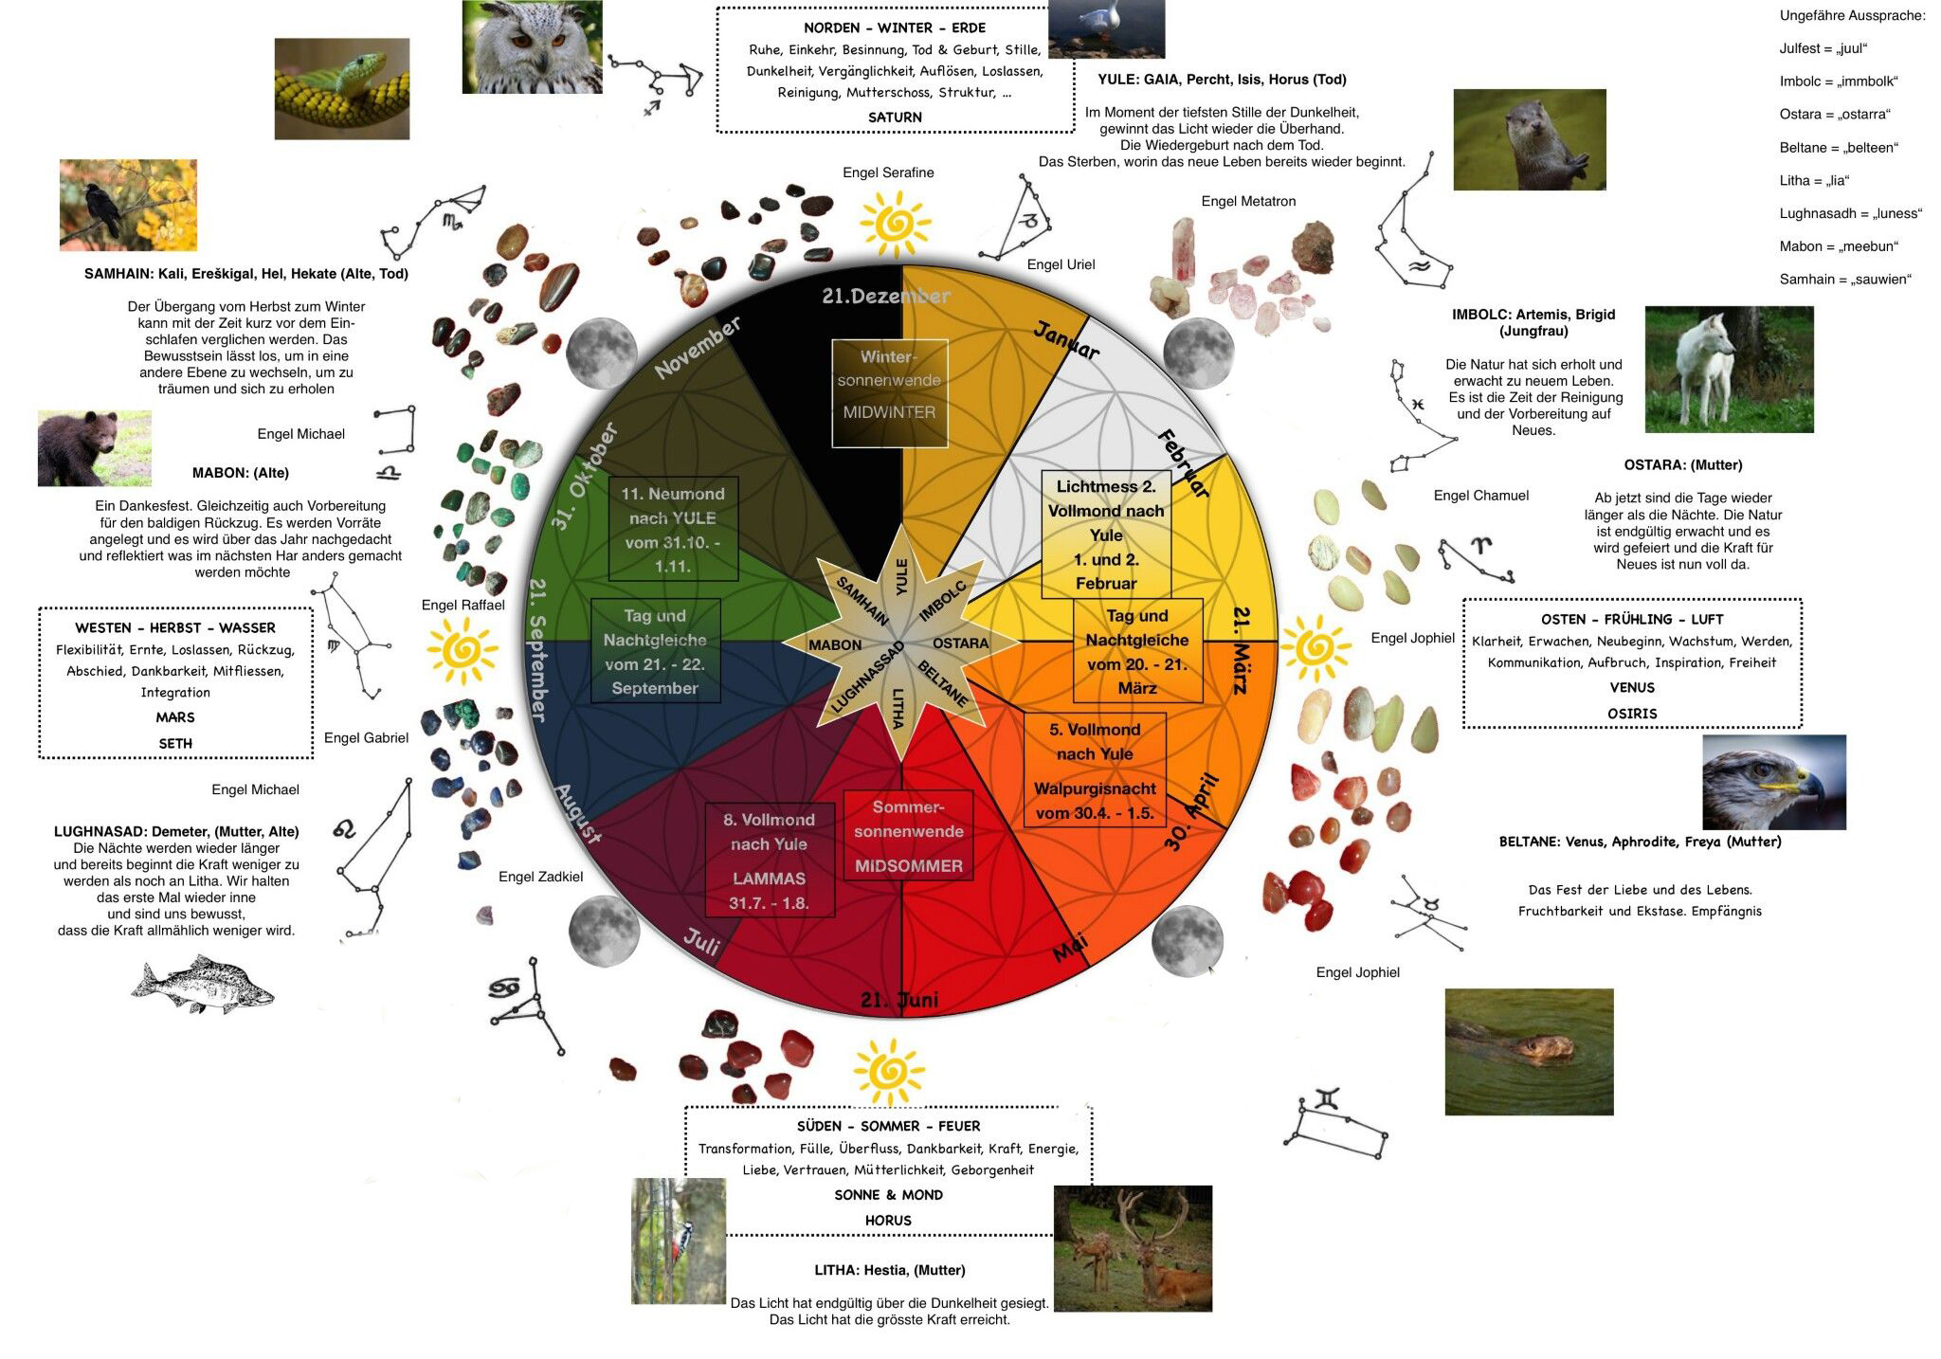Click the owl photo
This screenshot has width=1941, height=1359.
[x=532, y=46]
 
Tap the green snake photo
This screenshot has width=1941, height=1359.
[x=342, y=89]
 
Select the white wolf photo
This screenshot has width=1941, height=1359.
[x=1729, y=370]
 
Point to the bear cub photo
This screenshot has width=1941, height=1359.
[x=94, y=448]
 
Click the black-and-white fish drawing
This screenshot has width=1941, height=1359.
[x=202, y=985]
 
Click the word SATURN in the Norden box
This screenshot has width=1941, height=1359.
[x=895, y=118]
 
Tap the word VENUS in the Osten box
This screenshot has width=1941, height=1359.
[x=1631, y=688]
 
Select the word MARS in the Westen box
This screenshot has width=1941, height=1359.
[x=175, y=717]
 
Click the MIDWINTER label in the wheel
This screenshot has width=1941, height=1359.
[x=889, y=412]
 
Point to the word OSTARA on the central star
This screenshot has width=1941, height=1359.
[x=960, y=643]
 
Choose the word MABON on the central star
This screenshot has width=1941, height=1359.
[x=835, y=645]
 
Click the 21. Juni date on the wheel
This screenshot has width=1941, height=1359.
[x=899, y=1001]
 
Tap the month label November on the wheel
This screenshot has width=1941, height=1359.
[x=698, y=348]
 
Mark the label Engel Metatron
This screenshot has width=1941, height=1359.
[x=1247, y=201]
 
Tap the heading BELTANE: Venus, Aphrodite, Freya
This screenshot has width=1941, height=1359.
[x=1640, y=842]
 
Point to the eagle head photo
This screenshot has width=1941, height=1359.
[x=1773, y=782]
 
